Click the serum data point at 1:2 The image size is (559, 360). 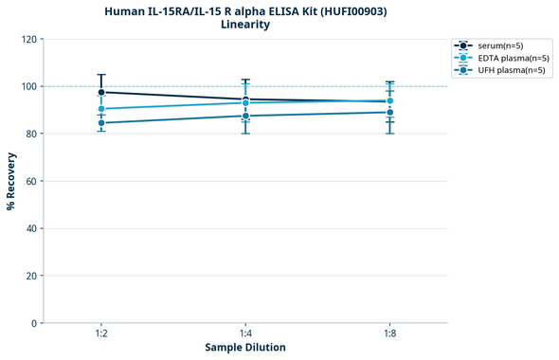[x=101, y=92]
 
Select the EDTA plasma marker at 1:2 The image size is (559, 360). [x=101, y=109]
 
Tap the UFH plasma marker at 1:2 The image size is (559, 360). [x=101, y=123]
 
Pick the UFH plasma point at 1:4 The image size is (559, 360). [x=245, y=116]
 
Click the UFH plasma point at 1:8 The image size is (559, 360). [x=389, y=112]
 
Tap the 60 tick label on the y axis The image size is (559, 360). [x=31, y=181]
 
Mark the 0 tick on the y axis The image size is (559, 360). [x=34, y=323]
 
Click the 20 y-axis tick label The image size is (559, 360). [x=31, y=276]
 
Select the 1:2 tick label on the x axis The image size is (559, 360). [x=101, y=334]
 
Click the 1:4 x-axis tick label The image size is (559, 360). [x=245, y=334]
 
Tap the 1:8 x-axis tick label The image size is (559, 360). [x=389, y=334]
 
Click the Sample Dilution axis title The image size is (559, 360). [x=245, y=348]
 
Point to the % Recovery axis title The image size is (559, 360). [x=11, y=181]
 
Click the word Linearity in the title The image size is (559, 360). [x=244, y=25]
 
